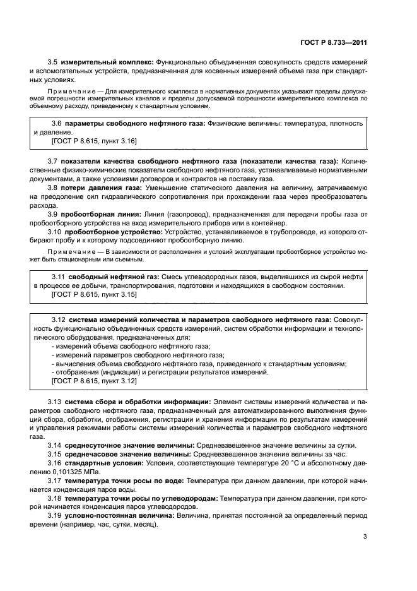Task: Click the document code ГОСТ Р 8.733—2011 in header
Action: [334, 43]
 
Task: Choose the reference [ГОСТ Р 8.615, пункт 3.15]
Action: [93, 294]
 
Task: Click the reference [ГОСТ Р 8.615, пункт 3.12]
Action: [93, 381]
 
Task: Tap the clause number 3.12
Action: [58, 320]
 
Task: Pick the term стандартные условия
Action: [105, 464]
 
